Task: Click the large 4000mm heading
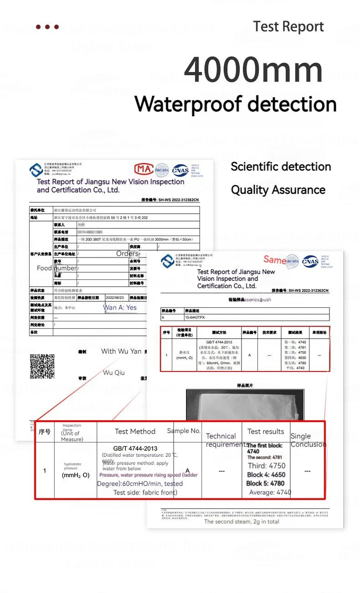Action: (253, 70)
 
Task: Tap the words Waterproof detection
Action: (236, 103)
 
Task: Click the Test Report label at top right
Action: (288, 26)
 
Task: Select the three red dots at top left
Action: (47, 27)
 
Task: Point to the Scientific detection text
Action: (281, 166)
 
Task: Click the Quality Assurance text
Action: (278, 190)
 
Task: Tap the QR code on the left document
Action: (42, 366)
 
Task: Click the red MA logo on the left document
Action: (144, 170)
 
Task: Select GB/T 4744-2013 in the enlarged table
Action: (135, 449)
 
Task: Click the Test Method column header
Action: (135, 431)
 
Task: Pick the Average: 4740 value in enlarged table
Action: (270, 492)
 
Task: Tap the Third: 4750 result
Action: (267, 465)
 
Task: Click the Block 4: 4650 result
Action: (266, 474)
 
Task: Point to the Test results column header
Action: (266, 431)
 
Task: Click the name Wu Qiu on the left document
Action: (114, 372)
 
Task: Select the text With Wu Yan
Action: (121, 351)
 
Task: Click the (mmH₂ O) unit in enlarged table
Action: (76, 475)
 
